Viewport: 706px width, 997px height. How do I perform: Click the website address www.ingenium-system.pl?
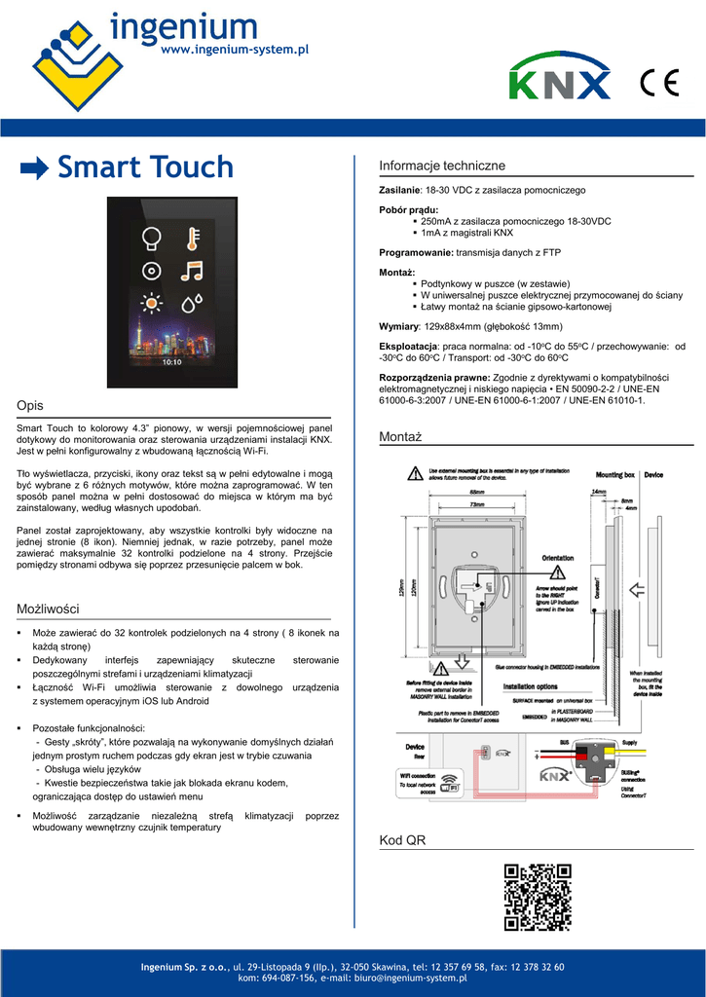(x=234, y=49)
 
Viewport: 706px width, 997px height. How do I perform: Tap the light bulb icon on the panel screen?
(x=152, y=237)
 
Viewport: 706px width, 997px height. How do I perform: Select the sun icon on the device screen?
(x=152, y=303)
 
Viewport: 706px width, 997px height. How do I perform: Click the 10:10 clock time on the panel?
(x=171, y=361)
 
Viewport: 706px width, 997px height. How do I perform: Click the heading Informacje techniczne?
(x=441, y=166)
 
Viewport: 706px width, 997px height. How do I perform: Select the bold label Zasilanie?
(x=399, y=190)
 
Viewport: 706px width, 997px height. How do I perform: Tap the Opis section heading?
(x=30, y=405)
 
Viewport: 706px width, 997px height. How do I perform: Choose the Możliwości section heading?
(x=48, y=609)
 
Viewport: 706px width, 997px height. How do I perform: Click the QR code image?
(x=537, y=898)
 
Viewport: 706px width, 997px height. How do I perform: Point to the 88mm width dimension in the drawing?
(x=476, y=492)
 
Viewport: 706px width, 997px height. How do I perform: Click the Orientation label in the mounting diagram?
(x=558, y=558)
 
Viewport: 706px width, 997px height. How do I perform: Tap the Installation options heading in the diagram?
(x=531, y=686)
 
